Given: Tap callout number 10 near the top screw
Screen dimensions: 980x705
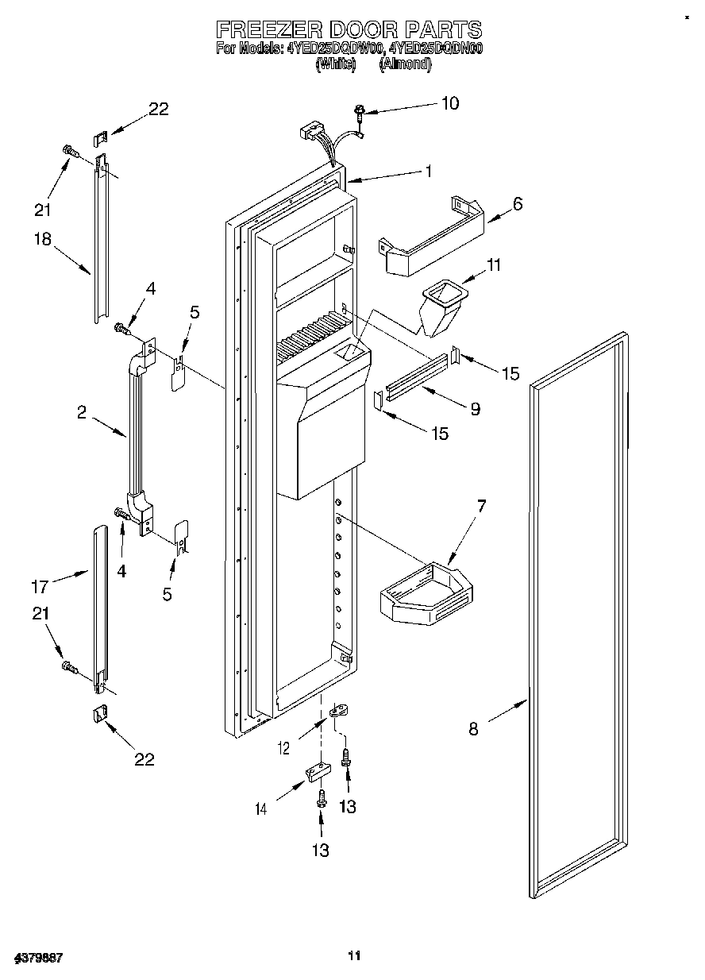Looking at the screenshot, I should point(449,103).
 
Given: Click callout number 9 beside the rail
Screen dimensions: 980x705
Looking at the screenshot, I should point(475,409).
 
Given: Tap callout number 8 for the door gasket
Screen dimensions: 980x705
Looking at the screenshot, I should point(473,729).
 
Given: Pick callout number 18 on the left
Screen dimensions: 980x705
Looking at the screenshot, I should point(44,241).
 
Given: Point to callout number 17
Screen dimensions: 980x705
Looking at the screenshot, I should point(40,587).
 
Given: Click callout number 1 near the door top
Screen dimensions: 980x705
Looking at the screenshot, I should point(428,170).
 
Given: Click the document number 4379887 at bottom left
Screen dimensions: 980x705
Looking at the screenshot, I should point(38,959).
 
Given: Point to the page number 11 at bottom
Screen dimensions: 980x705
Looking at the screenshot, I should point(354,955).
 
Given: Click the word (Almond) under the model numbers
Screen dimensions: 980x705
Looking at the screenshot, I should point(406,65).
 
